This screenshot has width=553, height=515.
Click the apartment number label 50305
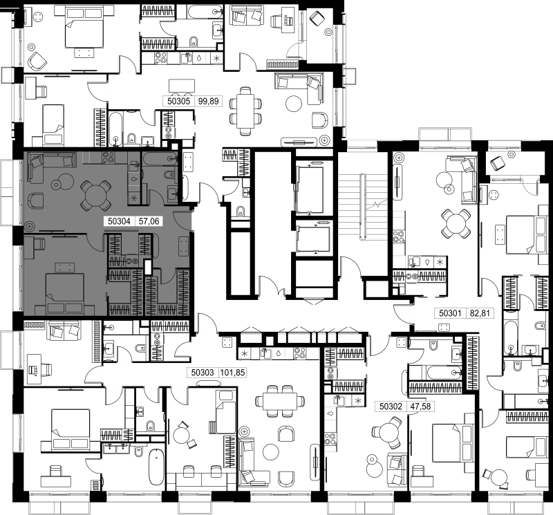click(x=178, y=102)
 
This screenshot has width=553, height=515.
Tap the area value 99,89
click(x=209, y=102)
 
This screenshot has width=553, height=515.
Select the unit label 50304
click(x=119, y=221)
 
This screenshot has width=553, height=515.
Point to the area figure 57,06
click(x=149, y=221)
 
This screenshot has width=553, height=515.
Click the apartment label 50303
click(x=203, y=373)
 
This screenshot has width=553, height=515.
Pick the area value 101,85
click(x=232, y=373)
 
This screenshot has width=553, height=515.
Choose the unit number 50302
click(x=391, y=406)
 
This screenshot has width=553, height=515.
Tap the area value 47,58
click(x=421, y=406)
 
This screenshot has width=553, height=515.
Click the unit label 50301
click(x=450, y=313)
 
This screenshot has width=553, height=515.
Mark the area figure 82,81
click(x=480, y=313)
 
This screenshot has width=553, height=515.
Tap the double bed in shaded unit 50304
click(x=65, y=294)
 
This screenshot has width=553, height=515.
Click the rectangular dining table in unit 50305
click(x=245, y=111)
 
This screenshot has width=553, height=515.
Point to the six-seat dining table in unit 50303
click(x=280, y=401)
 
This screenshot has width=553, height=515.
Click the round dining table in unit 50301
click(x=456, y=224)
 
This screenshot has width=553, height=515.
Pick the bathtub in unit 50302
click(x=435, y=373)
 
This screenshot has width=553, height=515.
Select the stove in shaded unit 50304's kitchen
click(x=108, y=158)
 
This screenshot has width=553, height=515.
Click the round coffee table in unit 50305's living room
click(x=294, y=104)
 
